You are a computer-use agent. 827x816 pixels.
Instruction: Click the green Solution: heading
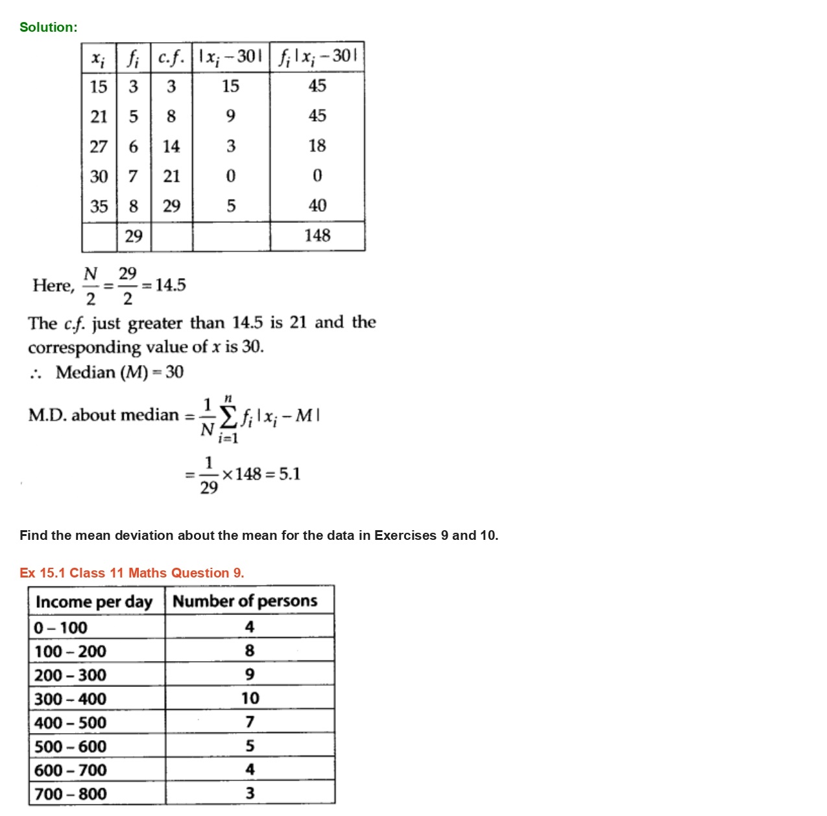point(48,27)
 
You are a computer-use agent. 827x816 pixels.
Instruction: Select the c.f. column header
point(171,58)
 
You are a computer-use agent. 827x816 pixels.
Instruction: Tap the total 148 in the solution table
point(317,235)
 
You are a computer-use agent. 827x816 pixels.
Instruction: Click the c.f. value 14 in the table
point(171,146)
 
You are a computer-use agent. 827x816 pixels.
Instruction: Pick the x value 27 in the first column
point(99,146)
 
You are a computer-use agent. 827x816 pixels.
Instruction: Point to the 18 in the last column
point(317,146)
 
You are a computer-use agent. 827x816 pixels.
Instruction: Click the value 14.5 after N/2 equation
point(170,285)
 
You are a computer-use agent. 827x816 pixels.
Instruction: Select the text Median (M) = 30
point(119,372)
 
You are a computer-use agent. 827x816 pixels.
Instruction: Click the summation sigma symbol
point(228,418)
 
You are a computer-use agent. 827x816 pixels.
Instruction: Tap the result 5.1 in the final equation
point(289,474)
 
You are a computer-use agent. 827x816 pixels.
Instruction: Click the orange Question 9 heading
point(132,573)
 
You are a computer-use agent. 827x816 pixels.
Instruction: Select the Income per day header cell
point(94,601)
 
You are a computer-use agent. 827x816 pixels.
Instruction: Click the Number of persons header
point(245,601)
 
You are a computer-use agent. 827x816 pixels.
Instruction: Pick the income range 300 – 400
point(70,699)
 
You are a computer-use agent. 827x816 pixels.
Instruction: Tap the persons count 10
point(250,698)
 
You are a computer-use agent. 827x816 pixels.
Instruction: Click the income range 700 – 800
point(70,794)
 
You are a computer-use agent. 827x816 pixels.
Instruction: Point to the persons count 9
point(250,675)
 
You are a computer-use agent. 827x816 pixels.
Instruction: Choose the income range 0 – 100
point(60,627)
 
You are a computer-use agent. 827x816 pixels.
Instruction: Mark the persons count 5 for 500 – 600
point(250,746)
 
